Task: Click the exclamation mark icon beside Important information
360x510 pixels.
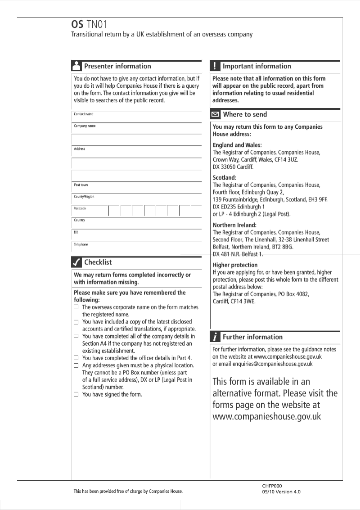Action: tap(215, 66)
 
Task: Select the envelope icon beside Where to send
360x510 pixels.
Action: tap(215, 114)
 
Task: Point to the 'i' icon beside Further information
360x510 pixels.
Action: tap(215, 337)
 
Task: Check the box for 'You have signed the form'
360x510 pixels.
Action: tap(76, 394)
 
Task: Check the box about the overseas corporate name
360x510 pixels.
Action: tap(76, 307)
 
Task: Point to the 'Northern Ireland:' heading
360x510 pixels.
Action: tap(234, 225)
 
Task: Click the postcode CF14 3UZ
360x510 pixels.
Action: tap(283, 160)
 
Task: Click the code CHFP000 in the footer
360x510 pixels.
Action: tap(272, 486)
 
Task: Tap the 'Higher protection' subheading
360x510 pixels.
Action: tap(235, 265)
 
